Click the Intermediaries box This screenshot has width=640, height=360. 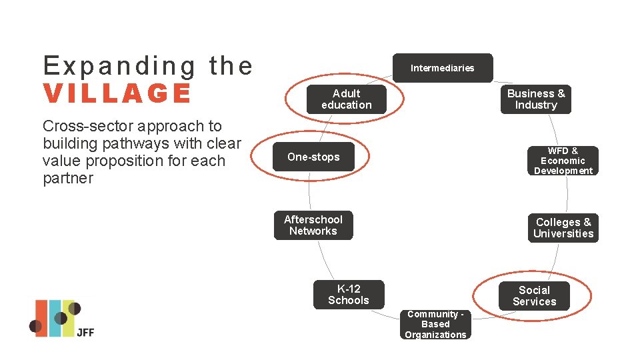442,68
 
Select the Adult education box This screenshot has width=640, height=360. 346,99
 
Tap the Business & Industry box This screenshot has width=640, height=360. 535,99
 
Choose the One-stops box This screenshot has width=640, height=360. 313,157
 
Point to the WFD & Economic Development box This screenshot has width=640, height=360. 563,161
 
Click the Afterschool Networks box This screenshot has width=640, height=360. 313,225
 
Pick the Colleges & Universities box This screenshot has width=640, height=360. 563,228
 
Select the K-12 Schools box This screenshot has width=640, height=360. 349,295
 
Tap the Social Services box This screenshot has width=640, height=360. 534,296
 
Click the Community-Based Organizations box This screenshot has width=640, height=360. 435,325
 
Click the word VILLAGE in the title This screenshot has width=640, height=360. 117,94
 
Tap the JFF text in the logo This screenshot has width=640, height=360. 85,331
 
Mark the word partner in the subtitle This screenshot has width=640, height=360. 68,179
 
